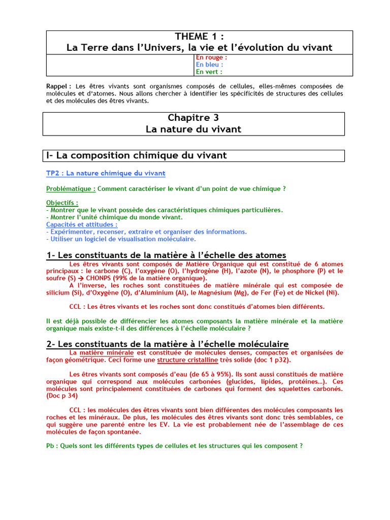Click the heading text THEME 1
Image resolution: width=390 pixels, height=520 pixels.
tap(199, 36)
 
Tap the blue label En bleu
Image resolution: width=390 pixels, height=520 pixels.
tap(209, 64)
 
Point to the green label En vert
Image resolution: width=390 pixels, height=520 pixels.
tap(209, 72)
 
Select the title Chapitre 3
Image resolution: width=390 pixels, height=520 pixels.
tap(193, 118)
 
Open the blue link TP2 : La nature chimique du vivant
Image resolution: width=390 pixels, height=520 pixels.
tap(106, 173)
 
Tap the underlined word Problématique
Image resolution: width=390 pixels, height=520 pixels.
tap(71, 188)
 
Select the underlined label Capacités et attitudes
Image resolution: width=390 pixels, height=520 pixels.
tap(82, 224)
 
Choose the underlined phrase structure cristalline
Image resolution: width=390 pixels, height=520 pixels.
tap(187, 360)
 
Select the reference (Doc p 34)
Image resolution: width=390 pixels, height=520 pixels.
tap(63, 395)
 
